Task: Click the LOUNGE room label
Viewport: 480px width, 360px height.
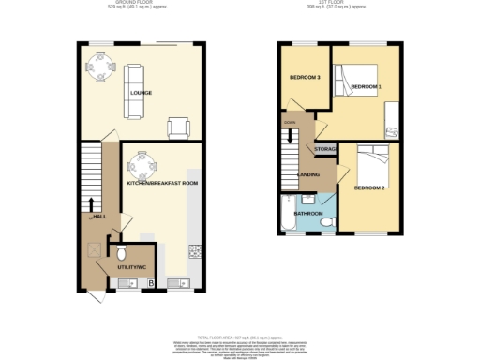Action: pos(141,93)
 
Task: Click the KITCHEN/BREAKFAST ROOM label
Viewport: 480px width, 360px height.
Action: pos(162,184)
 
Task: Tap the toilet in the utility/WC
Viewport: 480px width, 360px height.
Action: pos(121,252)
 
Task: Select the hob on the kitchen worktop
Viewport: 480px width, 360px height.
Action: pos(195,250)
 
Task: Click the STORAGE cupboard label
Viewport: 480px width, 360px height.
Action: pos(325,149)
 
